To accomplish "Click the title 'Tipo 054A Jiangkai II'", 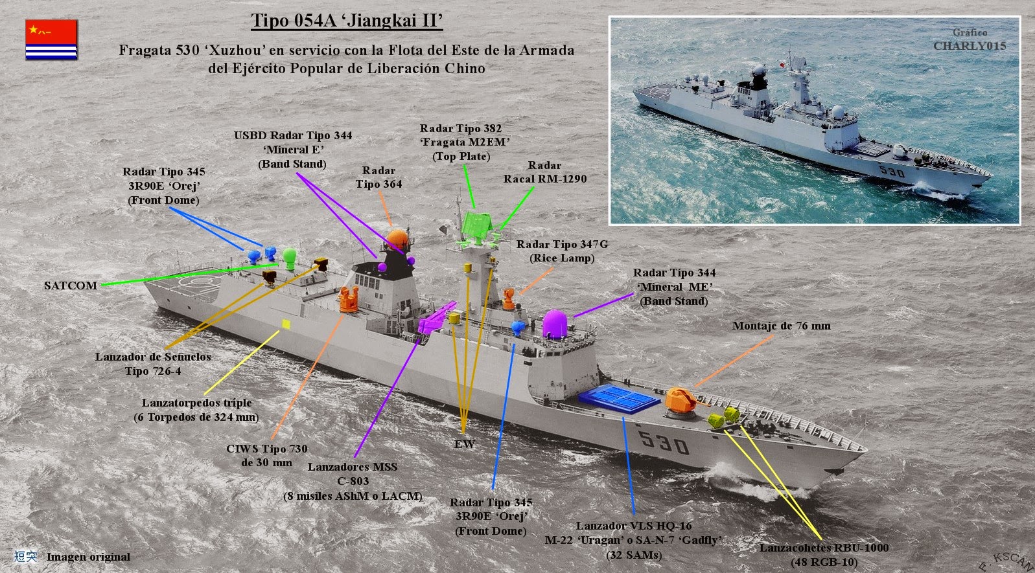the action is pyautogui.click(x=347, y=21).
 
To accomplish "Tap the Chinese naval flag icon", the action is pyautogui.click(x=51, y=39).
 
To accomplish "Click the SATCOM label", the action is pyautogui.click(x=71, y=286).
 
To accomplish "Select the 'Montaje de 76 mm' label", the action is pyautogui.click(x=782, y=326).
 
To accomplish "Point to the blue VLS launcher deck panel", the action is pyautogui.click(x=619, y=398).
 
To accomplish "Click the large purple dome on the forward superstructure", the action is pyautogui.click(x=555, y=324).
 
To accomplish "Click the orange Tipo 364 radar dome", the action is pyautogui.click(x=397, y=239).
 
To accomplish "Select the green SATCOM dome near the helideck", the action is pyautogui.click(x=290, y=258).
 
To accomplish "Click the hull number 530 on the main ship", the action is pyautogui.click(x=664, y=442).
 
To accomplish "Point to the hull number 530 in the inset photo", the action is pyautogui.click(x=892, y=172).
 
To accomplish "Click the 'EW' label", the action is pyautogui.click(x=465, y=444).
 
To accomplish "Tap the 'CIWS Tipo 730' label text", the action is pyautogui.click(x=267, y=449).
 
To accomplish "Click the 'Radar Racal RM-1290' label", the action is pyautogui.click(x=545, y=172).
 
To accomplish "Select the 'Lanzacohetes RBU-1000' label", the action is pyautogui.click(x=824, y=548).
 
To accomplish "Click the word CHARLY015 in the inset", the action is pyautogui.click(x=970, y=46).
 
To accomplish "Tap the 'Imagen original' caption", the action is pyautogui.click(x=88, y=557).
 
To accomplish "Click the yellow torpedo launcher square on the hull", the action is pyautogui.click(x=286, y=324).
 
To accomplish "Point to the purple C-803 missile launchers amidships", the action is pyautogui.click(x=436, y=319).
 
